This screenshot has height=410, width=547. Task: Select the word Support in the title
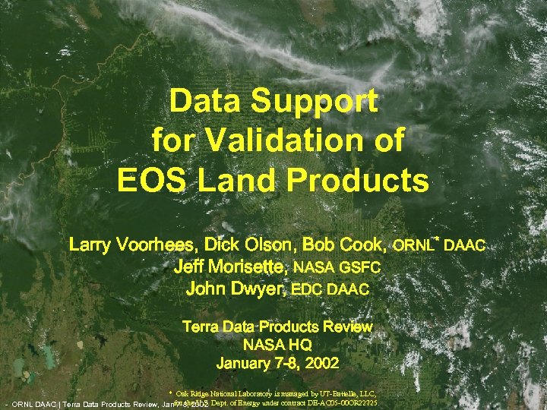[318, 102]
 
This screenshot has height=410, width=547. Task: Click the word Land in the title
[248, 181]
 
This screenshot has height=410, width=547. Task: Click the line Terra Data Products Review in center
[277, 327]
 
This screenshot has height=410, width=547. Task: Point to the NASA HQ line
[277, 345]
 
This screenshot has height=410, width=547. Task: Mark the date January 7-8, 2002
[277, 363]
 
